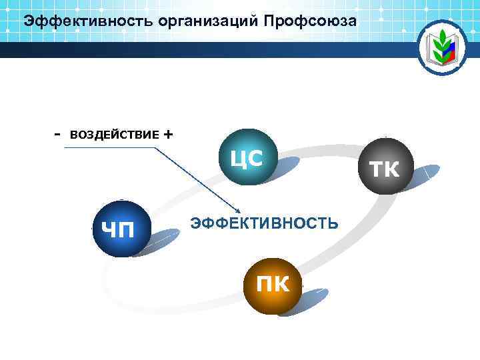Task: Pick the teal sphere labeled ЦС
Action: pos(247,156)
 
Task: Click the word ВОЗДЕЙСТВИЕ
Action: pos(114,135)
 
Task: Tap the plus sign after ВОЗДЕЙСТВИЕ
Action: pos(167,134)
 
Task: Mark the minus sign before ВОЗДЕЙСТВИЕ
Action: pos(57,134)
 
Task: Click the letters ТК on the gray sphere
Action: pos(385,169)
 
